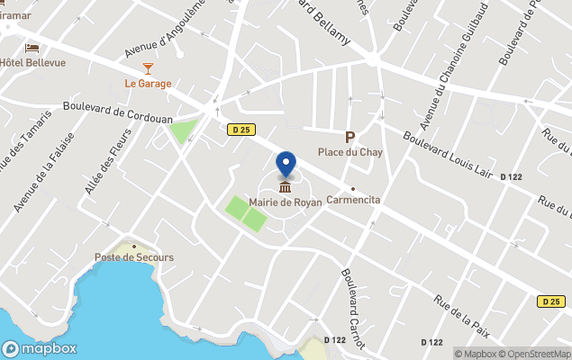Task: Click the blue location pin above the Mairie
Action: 286,164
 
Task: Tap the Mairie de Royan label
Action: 286,202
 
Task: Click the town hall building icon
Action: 286,187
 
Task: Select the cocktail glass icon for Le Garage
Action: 148,68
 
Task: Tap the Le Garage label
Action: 148,84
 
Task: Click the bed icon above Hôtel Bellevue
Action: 32,48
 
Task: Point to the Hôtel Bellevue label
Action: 32,62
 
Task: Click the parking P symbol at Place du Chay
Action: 350,138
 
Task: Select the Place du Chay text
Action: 350,152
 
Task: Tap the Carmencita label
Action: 353,200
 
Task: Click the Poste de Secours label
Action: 134,257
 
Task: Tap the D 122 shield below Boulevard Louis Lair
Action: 511,177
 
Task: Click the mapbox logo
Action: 40,348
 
